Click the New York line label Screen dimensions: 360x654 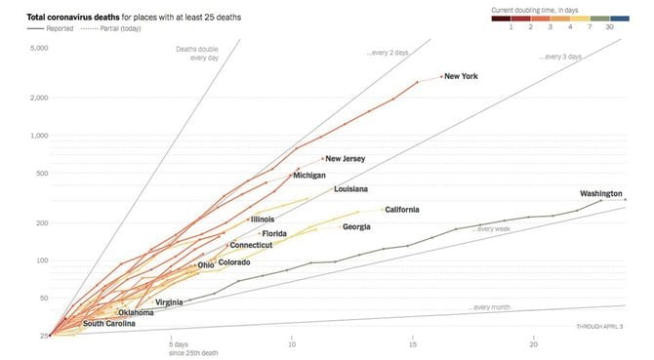461,77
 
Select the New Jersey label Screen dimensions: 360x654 346,159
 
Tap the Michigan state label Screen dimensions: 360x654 309,176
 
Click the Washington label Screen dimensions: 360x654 600,193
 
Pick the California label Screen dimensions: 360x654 402,210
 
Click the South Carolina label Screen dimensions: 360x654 108,324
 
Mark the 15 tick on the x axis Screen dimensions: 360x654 413,344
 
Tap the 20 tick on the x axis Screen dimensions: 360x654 534,344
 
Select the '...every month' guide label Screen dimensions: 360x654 489,308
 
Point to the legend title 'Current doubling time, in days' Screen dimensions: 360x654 546,9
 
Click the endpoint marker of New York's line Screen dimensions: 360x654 441,76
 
